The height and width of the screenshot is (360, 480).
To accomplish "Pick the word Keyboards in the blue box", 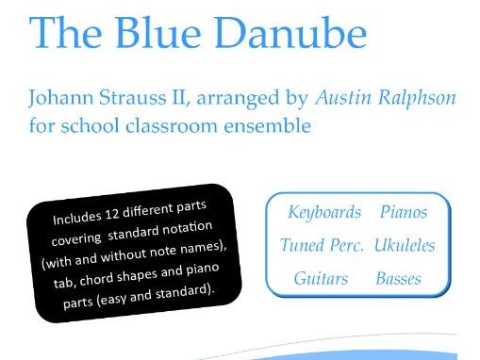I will (324, 212).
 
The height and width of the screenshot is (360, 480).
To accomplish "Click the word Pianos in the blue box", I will (404, 212).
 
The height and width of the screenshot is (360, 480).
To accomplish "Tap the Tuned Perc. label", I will (322, 245).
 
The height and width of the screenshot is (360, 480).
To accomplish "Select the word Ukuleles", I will (404, 245).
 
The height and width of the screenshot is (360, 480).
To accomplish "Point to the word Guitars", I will (321, 279).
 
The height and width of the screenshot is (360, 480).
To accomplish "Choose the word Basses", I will (398, 279).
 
